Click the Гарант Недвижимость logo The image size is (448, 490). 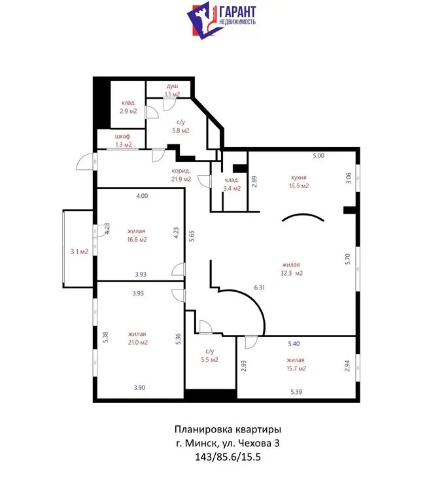[222, 20]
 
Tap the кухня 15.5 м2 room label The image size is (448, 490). [299, 182]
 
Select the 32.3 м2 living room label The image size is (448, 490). [291, 269]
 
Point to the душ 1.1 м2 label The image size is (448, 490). [172, 90]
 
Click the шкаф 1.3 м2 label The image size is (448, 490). [123, 140]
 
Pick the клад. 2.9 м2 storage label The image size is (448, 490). [128, 107]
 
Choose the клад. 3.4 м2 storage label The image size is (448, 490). [232, 184]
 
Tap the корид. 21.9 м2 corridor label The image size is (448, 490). [181, 175]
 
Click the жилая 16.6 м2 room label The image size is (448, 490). [137, 235]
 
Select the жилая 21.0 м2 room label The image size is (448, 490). [137, 338]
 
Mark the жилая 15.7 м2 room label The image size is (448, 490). [296, 364]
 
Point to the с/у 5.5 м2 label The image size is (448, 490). [209, 355]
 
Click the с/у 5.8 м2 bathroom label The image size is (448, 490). [181, 126]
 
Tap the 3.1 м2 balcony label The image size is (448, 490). [79, 252]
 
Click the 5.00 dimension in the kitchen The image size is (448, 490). [319, 155]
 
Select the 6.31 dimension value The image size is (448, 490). [260, 287]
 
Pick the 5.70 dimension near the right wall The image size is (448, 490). [348, 259]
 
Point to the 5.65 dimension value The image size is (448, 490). [192, 236]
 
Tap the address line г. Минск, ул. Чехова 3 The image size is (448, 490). [228, 443]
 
